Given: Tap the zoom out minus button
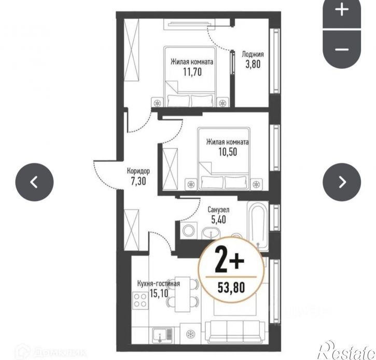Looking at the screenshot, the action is (x=341, y=50).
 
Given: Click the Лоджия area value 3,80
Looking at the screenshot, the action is (x=253, y=64).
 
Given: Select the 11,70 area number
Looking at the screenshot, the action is (x=192, y=71).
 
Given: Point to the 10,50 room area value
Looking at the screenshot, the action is (x=228, y=152).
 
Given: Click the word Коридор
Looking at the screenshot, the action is (x=138, y=171).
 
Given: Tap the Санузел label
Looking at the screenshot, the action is (x=218, y=210).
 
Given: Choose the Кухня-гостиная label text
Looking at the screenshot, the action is (x=159, y=283).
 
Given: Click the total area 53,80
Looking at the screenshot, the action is (x=231, y=287).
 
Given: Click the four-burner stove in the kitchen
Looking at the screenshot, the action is (x=140, y=300).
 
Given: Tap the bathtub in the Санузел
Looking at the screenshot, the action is (x=257, y=226).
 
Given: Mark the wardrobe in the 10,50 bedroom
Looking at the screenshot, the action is (x=170, y=169).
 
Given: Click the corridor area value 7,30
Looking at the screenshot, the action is (x=138, y=181).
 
